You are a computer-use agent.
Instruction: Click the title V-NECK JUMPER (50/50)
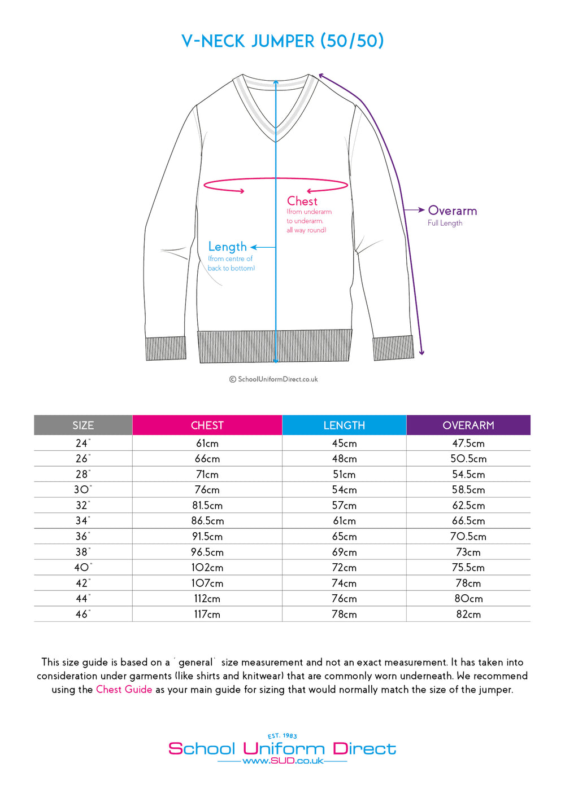(282, 41)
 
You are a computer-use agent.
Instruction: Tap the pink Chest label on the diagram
(302, 201)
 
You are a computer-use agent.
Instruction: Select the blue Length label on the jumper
(227, 247)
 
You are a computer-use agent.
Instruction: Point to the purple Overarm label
(452, 211)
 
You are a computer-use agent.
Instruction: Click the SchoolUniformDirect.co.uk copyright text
(273, 379)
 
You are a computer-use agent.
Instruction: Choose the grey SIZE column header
(83, 426)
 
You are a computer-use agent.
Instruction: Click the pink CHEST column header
(207, 426)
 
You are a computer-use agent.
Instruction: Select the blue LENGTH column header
(344, 426)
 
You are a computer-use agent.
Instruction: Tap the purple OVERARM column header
(468, 426)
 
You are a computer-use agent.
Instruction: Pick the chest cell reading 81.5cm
(207, 506)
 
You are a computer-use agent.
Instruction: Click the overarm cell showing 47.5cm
(468, 444)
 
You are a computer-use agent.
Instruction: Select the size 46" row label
(83, 614)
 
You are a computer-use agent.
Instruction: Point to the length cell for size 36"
(344, 537)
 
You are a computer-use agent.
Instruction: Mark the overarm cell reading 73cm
(468, 552)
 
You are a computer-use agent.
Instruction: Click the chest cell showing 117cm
(207, 614)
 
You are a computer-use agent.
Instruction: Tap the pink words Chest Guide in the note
(124, 690)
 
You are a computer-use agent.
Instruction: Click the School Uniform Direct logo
(282, 749)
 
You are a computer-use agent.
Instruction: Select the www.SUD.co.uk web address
(282, 761)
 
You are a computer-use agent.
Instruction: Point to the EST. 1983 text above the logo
(282, 736)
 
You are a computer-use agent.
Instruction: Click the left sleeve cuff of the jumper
(166, 348)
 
